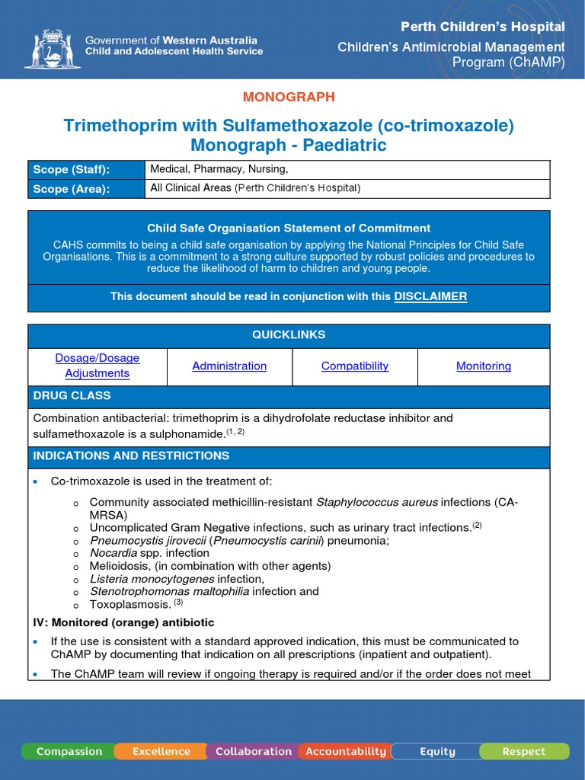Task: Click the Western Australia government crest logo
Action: click(52, 49)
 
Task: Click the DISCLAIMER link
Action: click(430, 296)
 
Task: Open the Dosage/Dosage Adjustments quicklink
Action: click(97, 366)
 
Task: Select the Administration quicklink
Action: click(229, 366)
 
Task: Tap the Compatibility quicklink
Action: click(355, 366)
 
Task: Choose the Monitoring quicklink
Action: click(484, 366)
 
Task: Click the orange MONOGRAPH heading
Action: click(289, 97)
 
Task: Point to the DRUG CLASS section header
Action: click(72, 396)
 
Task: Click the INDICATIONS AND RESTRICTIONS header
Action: click(131, 456)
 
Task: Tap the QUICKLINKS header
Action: click(289, 335)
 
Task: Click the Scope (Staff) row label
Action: click(71, 170)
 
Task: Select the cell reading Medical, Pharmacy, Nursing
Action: click(219, 169)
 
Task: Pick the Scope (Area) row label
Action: click(70, 189)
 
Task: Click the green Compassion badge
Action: click(69, 752)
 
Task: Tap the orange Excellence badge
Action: click(161, 752)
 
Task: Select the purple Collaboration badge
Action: click(253, 752)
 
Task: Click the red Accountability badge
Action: click(346, 752)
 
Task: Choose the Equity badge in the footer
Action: click(437, 752)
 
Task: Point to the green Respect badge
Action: click(524, 752)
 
